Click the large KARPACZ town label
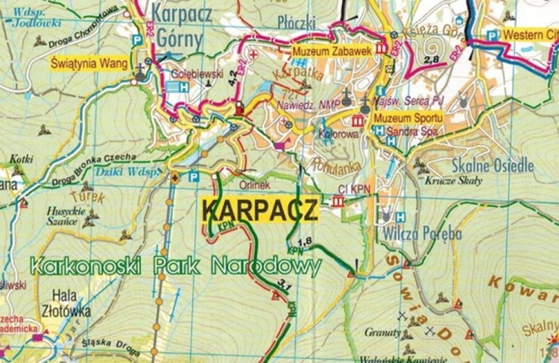260,208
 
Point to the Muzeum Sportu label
408,119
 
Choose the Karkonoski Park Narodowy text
176,265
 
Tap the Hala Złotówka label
70,300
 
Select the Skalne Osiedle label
493,165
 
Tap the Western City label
529,35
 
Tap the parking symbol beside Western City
492,35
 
